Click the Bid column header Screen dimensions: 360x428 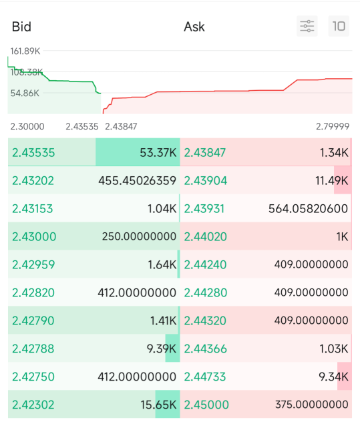coord(21,27)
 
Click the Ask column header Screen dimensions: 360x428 coord(194,27)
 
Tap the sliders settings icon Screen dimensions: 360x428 coord(307,26)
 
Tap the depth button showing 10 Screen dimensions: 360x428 coord(339,26)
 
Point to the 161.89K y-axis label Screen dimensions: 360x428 coord(25,51)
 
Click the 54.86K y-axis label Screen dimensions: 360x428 coord(25,93)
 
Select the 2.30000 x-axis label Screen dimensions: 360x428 coord(27,127)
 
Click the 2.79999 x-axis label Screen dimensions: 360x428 coord(333,126)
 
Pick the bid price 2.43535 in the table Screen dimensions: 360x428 coord(33,153)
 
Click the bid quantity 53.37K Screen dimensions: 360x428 coord(158,153)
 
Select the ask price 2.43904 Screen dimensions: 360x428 coord(206,181)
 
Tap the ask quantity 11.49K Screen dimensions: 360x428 coord(332,181)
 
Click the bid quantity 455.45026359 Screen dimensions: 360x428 coord(137,181)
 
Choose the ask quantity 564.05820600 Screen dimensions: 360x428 coord(308,209)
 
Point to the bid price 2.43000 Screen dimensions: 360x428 coord(34,236)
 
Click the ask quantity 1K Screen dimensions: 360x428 coord(342,236)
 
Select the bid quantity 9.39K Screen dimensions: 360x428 coord(162,349)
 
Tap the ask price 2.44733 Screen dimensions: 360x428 coord(205,377)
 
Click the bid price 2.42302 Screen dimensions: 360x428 coord(33,405)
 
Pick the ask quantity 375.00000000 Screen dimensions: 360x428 coord(312,405)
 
